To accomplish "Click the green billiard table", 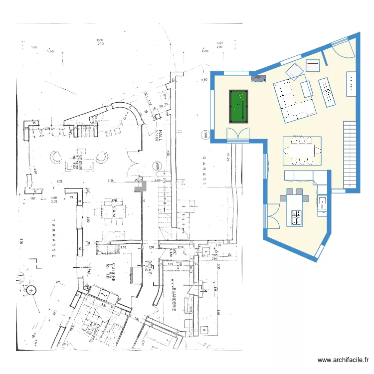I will (x=237, y=106).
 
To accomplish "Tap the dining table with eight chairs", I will (x=302, y=150).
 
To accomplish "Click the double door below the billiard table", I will (x=237, y=135).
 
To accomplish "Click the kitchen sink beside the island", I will (x=322, y=203).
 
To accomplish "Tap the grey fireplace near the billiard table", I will (x=258, y=78).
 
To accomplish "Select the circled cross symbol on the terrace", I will (x=31, y=290).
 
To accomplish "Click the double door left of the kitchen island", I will (x=272, y=215).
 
